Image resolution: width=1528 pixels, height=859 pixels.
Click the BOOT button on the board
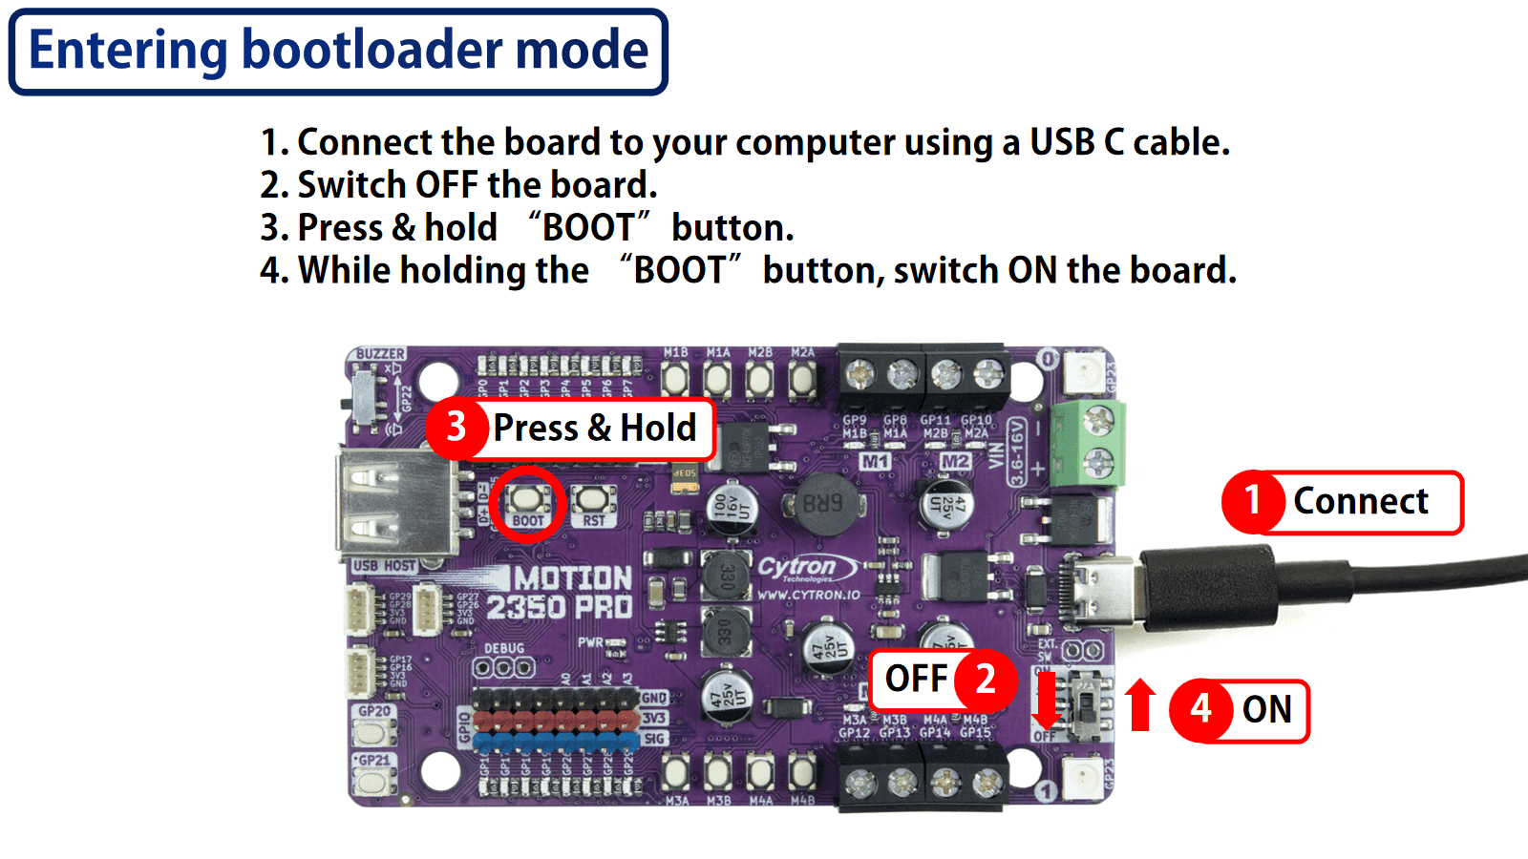[x=526, y=499]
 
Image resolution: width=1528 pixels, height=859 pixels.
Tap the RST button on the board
[x=593, y=499]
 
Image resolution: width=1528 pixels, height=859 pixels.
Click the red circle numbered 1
[x=1252, y=502]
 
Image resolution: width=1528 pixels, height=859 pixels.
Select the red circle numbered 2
[x=985, y=680]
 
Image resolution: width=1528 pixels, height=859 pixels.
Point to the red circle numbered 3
[x=456, y=428]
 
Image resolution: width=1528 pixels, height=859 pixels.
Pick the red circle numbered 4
[x=1200, y=710]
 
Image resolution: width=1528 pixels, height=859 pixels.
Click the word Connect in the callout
[x=1360, y=502]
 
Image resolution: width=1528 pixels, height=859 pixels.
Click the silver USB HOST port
[x=393, y=503]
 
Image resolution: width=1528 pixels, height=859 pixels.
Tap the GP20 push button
[x=373, y=732]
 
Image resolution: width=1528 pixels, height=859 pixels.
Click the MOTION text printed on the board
[x=572, y=578]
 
